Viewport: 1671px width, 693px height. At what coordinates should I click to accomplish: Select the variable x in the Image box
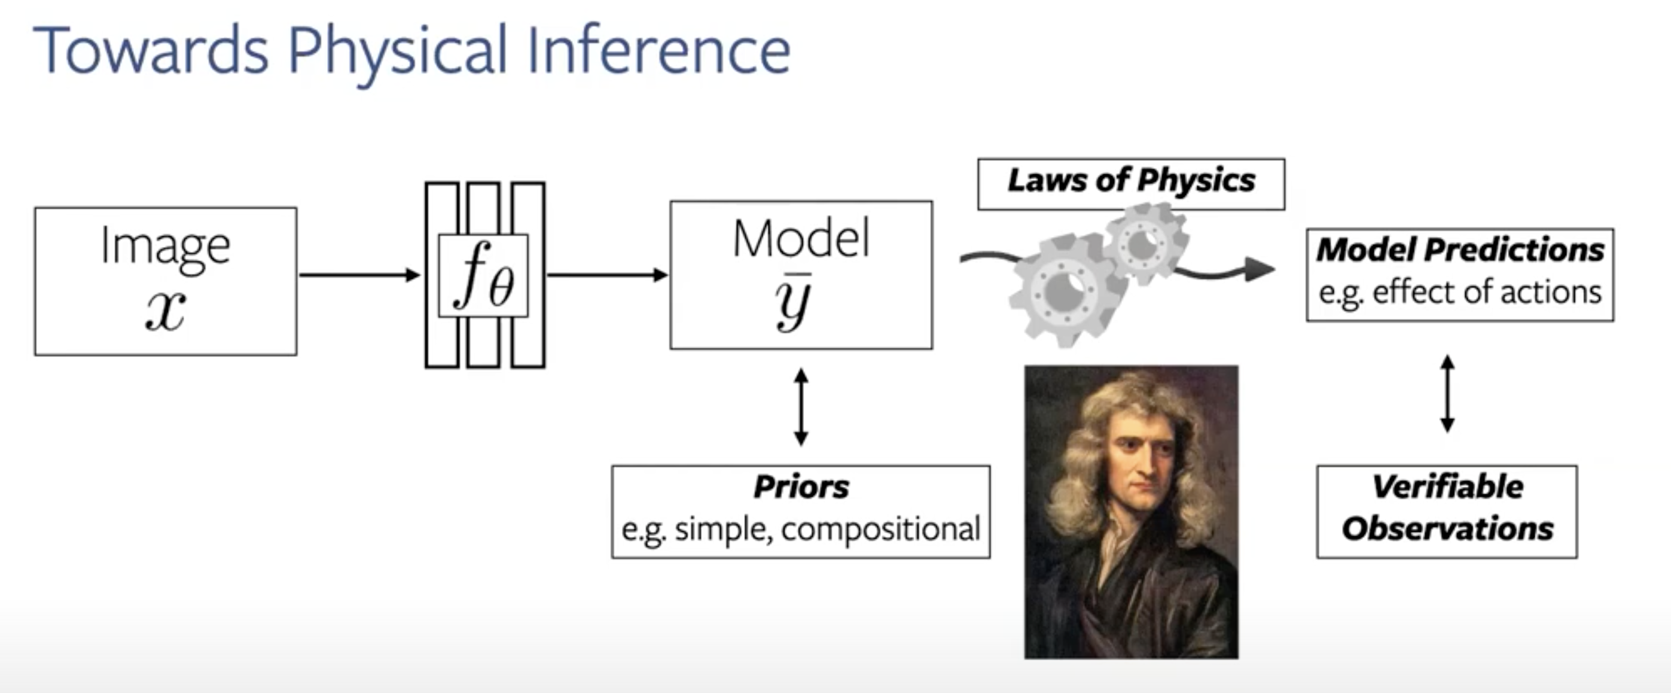(166, 310)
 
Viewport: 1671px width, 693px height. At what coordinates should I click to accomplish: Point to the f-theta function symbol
(484, 275)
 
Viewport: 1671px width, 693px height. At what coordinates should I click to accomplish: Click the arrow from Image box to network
(359, 275)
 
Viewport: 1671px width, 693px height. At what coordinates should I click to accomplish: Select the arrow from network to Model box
(607, 275)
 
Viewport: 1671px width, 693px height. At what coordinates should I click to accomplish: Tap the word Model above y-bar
(801, 239)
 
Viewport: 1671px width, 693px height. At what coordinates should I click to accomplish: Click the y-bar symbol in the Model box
(793, 301)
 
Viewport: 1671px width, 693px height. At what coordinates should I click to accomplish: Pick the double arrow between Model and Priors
(801, 407)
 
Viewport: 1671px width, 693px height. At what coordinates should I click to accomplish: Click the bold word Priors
(801, 487)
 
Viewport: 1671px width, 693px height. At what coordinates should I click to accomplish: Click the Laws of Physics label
(1132, 180)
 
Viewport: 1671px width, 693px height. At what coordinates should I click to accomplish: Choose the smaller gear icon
(1145, 244)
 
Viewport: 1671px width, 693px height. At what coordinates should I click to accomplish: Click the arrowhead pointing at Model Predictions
(1259, 269)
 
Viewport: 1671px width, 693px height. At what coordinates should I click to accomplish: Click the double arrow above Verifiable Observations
(1447, 393)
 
